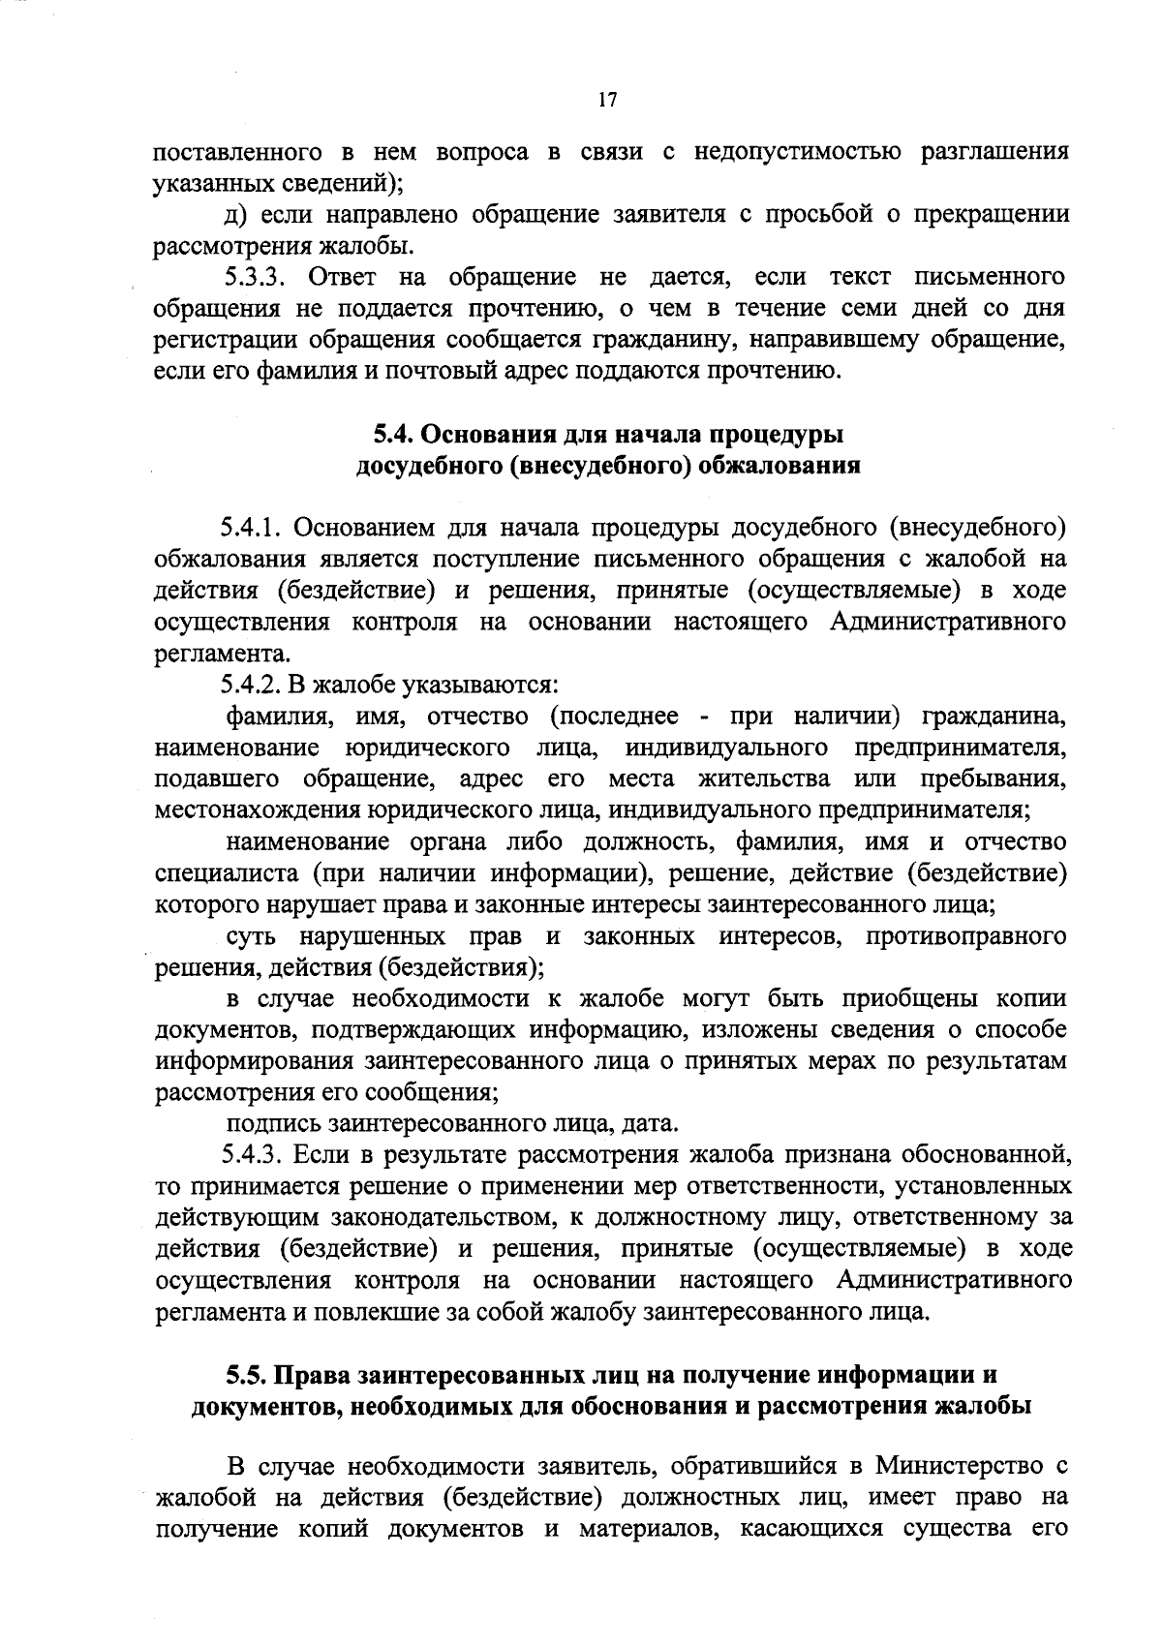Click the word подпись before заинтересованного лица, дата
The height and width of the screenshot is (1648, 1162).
click(273, 1123)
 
